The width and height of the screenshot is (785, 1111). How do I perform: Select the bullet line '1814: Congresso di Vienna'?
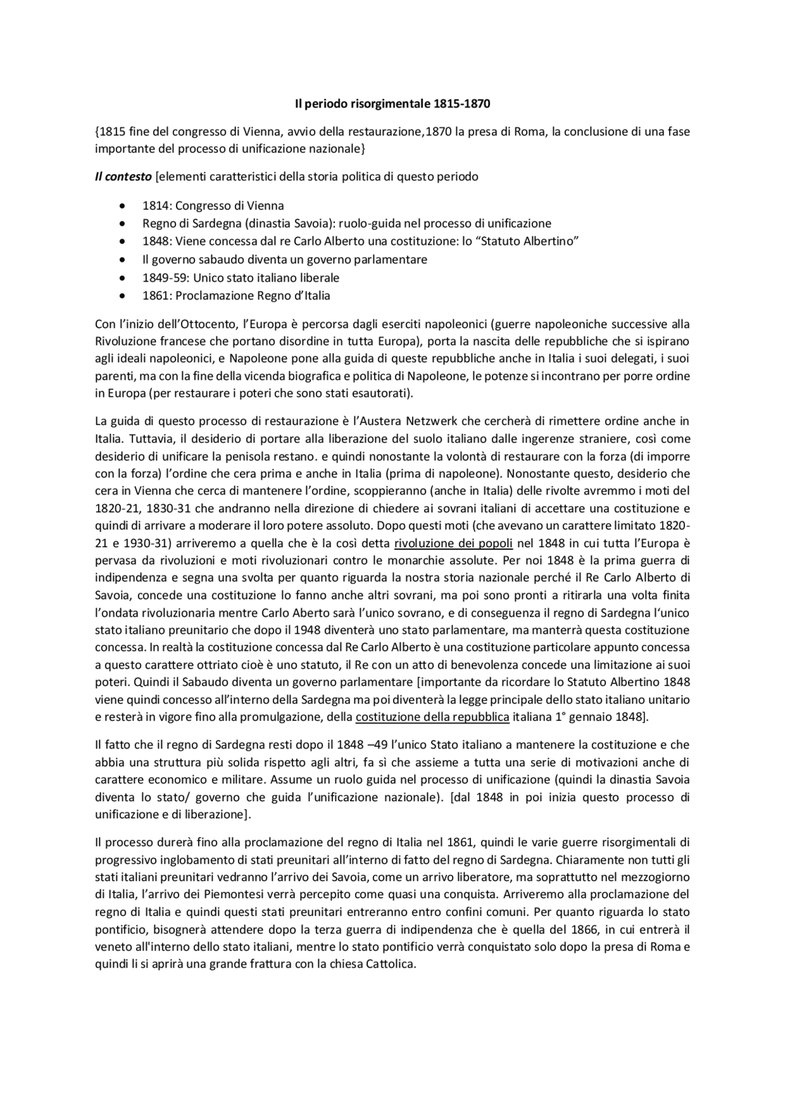point(213,206)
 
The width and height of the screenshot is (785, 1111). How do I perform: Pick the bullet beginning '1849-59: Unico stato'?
point(240,278)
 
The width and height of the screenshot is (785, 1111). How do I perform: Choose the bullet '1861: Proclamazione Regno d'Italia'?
point(236,296)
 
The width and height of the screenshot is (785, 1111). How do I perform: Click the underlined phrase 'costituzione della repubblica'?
point(432,717)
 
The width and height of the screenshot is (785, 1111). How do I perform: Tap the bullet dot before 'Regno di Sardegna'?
point(124,224)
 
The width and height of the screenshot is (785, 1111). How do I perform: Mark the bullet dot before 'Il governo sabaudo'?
point(124,260)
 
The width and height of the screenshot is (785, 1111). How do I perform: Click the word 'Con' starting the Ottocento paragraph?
point(105,324)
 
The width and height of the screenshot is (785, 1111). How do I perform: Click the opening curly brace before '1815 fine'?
point(97,132)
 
